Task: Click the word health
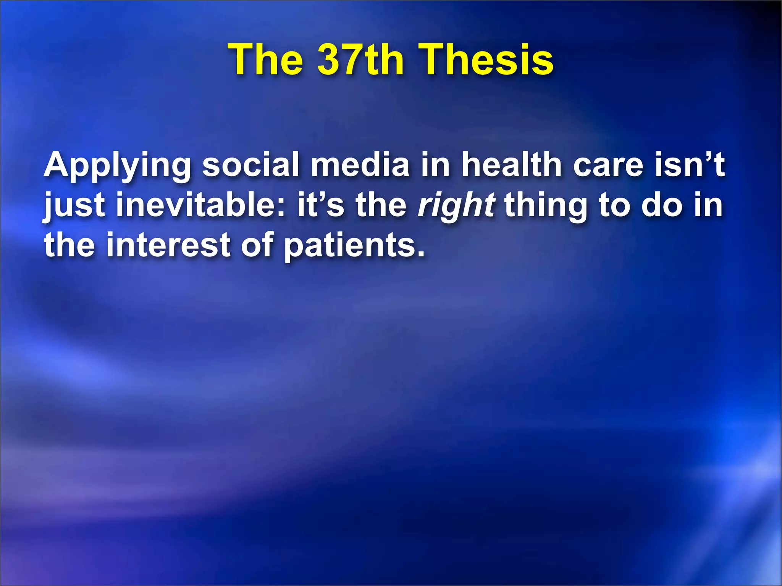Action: pyautogui.click(x=512, y=164)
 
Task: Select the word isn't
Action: pyautogui.click(x=690, y=164)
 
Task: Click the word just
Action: pyautogui.click(x=74, y=206)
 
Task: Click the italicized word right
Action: pyautogui.click(x=457, y=206)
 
